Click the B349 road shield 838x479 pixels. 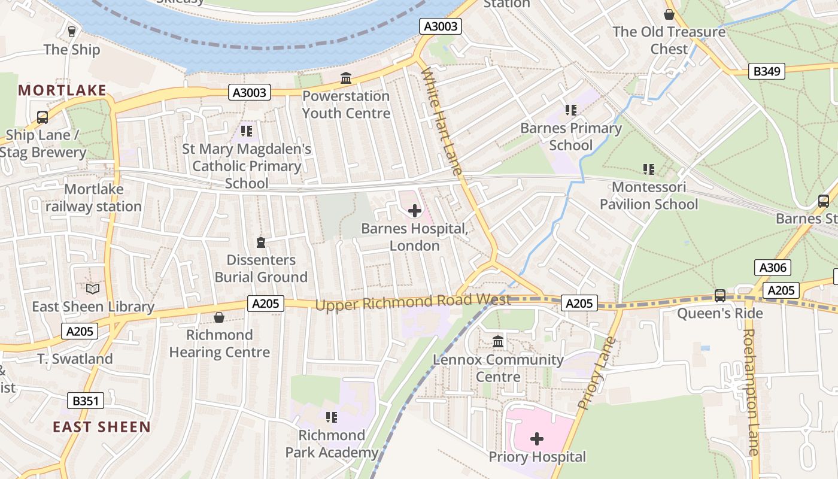[x=767, y=71]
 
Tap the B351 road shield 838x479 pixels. [x=85, y=401]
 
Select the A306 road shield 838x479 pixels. [x=772, y=267]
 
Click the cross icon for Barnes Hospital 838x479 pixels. [x=414, y=211]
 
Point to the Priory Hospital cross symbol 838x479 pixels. [x=537, y=439]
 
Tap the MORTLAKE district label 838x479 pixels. [x=62, y=90]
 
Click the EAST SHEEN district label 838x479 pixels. [x=102, y=427]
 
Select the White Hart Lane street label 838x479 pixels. [x=442, y=122]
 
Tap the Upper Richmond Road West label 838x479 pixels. [x=412, y=302]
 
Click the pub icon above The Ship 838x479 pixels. [x=72, y=31]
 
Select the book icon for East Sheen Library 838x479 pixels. [x=93, y=289]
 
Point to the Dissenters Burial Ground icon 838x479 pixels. [x=260, y=242]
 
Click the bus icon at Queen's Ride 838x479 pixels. [x=719, y=296]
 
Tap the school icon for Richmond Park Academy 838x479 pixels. [x=331, y=417]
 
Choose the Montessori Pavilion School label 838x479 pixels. [x=649, y=196]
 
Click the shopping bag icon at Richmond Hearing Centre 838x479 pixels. [x=219, y=317]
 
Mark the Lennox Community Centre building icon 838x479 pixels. [x=498, y=342]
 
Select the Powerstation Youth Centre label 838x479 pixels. [x=346, y=105]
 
